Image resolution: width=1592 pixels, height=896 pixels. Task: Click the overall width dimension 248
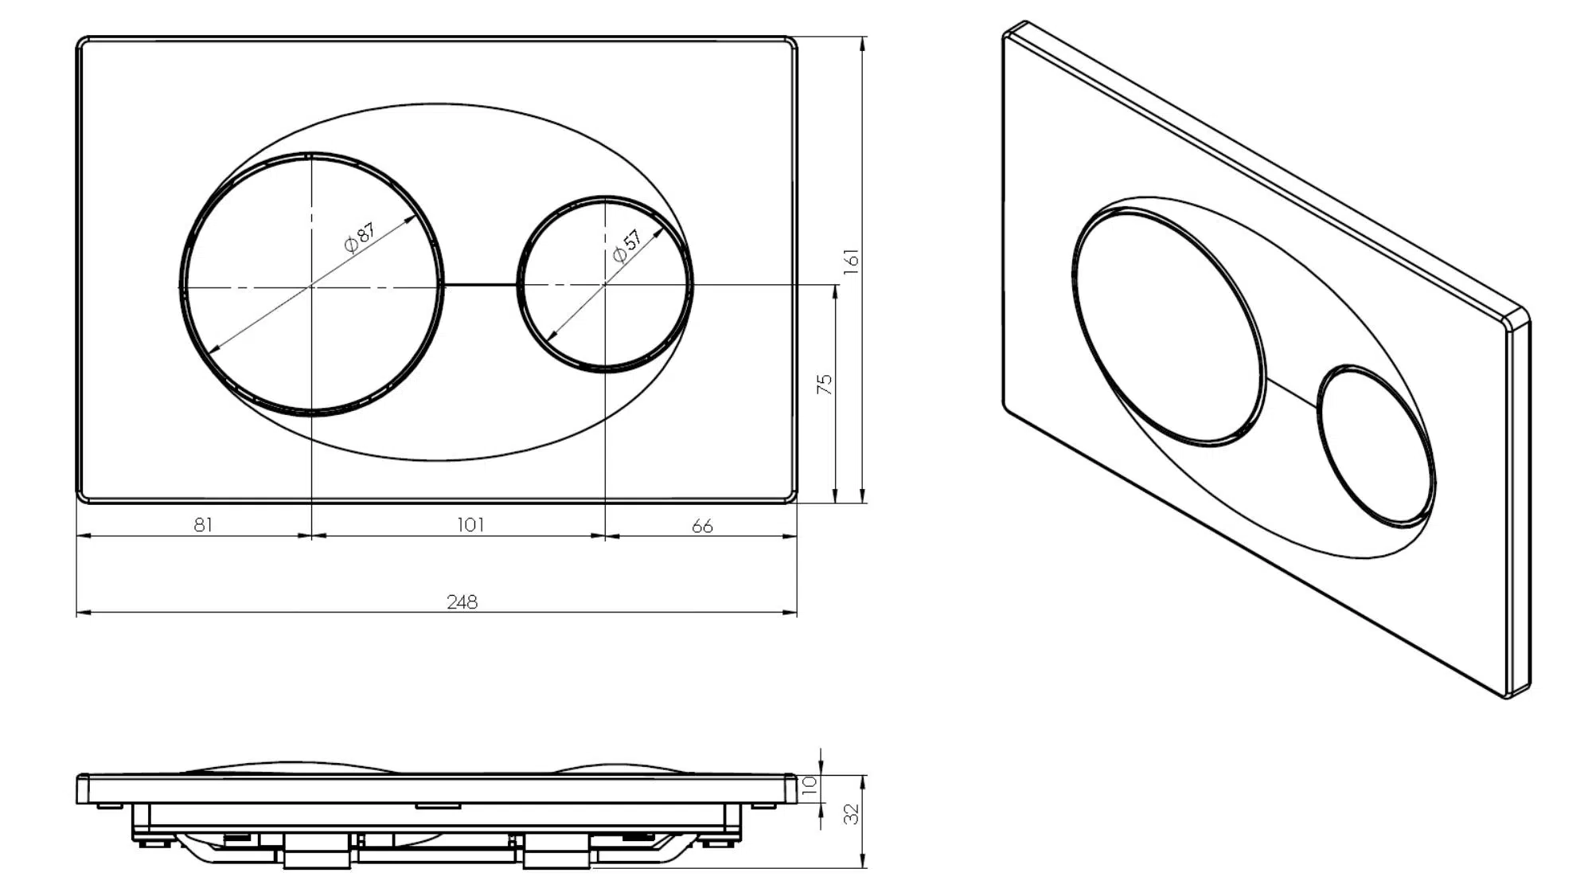(x=462, y=601)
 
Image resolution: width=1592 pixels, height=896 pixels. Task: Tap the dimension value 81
(x=203, y=524)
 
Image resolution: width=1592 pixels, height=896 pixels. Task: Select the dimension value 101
(x=470, y=524)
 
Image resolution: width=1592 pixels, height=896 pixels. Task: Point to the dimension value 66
(x=702, y=526)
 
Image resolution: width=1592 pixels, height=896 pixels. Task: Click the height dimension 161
(x=851, y=261)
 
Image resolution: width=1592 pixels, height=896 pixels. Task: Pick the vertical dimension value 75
(x=825, y=384)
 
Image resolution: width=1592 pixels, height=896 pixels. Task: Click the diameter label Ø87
(x=359, y=237)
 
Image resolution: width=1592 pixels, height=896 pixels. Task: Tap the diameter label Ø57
(x=626, y=246)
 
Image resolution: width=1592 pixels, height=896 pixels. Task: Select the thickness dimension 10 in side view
(x=810, y=784)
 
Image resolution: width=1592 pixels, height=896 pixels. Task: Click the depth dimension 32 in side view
(x=851, y=813)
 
